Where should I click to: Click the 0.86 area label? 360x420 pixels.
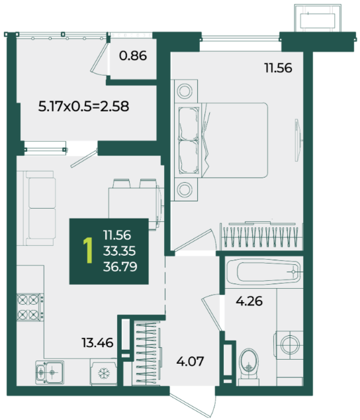click(133, 56)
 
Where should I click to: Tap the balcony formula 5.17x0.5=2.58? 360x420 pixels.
click(83, 106)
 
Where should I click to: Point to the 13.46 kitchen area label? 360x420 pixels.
click(97, 342)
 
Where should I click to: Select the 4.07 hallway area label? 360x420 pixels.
click(190, 361)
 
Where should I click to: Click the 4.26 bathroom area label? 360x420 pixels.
click(249, 301)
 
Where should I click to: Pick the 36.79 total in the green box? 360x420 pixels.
click(120, 267)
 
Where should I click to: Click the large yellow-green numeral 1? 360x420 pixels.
click(88, 250)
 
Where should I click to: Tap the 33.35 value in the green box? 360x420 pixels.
click(119, 251)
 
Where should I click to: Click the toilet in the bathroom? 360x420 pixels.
click(249, 366)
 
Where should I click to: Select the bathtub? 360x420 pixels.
click(264, 272)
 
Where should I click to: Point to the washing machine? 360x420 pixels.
click(289, 345)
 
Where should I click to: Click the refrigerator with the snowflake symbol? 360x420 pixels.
click(103, 372)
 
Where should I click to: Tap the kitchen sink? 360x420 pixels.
click(50, 372)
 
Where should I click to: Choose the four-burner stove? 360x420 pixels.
click(30, 307)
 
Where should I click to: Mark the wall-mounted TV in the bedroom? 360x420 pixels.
click(298, 140)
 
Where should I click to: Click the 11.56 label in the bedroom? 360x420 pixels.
click(278, 68)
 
